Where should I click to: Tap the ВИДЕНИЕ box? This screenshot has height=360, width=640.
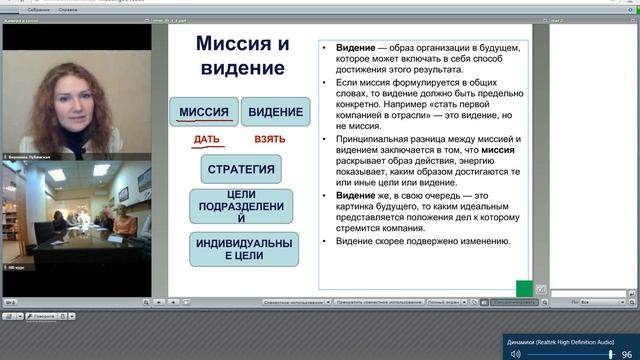pyautogui.click(x=275, y=113)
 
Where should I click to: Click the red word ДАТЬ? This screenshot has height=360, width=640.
pyautogui.click(x=207, y=140)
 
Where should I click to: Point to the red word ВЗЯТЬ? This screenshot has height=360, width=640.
pyautogui.click(x=269, y=140)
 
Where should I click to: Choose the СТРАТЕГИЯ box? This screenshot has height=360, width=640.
pyautogui.click(x=241, y=168)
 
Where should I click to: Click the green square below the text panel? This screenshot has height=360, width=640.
pyautogui.click(x=524, y=288)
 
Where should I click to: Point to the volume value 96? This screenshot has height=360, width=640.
pyautogui.click(x=626, y=353)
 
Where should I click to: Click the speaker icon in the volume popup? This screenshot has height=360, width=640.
pyautogui.click(x=516, y=353)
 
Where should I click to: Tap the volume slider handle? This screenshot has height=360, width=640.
pyautogui.click(x=610, y=353)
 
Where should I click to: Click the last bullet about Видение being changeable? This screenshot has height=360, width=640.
pyautogui.click(x=423, y=241)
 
